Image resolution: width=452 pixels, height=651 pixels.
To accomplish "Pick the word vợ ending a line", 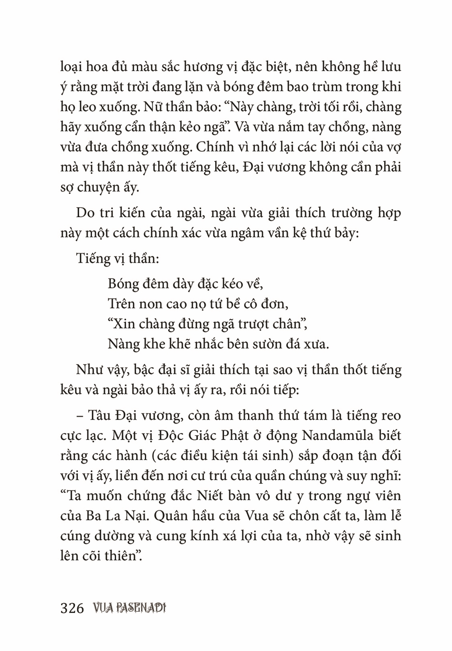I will (392, 147).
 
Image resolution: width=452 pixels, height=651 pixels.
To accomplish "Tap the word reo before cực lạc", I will (390, 415).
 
